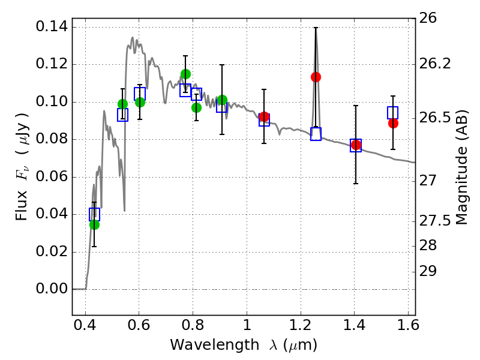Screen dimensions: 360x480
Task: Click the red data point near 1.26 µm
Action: pos(316,77)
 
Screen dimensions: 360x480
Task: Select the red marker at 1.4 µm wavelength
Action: pos(356,145)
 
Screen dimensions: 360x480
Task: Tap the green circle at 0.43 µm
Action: pos(94,224)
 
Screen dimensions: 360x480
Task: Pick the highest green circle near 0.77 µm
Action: pos(185,74)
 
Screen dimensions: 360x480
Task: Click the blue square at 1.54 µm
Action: pos(393,112)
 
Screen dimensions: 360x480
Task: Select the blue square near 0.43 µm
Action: pos(94,214)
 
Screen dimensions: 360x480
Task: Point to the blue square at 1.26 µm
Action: pos(316,134)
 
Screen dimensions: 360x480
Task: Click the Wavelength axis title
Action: pos(243,346)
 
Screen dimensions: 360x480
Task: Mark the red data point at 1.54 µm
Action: pos(393,123)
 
